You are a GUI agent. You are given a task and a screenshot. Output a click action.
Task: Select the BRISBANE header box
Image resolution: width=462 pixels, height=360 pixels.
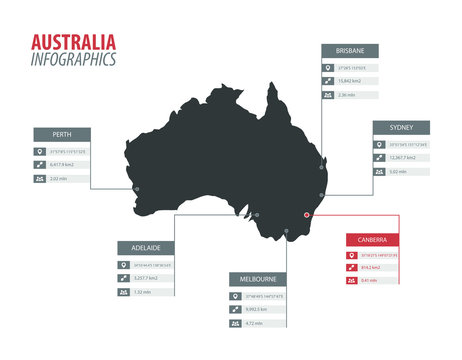point(349,50)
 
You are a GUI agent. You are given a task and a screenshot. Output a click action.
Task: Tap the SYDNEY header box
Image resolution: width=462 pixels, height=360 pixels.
point(401,127)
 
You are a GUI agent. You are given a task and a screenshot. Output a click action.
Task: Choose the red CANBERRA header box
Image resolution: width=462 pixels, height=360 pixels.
point(372,240)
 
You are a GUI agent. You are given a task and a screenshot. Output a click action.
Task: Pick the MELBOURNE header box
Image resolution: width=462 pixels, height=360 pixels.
point(258,279)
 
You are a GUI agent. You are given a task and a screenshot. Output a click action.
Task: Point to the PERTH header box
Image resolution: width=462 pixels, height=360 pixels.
point(63,134)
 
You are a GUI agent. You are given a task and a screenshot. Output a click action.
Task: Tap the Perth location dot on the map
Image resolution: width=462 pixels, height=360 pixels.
point(136,188)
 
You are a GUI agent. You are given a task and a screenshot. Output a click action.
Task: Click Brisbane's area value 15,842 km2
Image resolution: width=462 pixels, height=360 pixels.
point(351,81)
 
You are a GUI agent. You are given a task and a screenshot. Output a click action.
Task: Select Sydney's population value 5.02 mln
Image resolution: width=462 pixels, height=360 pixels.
point(399,172)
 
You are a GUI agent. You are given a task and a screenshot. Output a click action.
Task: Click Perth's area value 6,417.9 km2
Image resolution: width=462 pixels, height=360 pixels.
point(63,164)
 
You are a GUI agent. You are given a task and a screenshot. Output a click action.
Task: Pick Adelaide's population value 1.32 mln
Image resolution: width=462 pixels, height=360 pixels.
point(144,292)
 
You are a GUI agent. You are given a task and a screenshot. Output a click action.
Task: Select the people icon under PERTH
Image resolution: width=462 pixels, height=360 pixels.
point(39,179)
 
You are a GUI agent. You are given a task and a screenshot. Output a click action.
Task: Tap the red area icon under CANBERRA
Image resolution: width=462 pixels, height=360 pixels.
point(351,268)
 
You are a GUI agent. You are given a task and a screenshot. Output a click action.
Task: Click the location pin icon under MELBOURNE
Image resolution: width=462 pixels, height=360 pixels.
point(235,296)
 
